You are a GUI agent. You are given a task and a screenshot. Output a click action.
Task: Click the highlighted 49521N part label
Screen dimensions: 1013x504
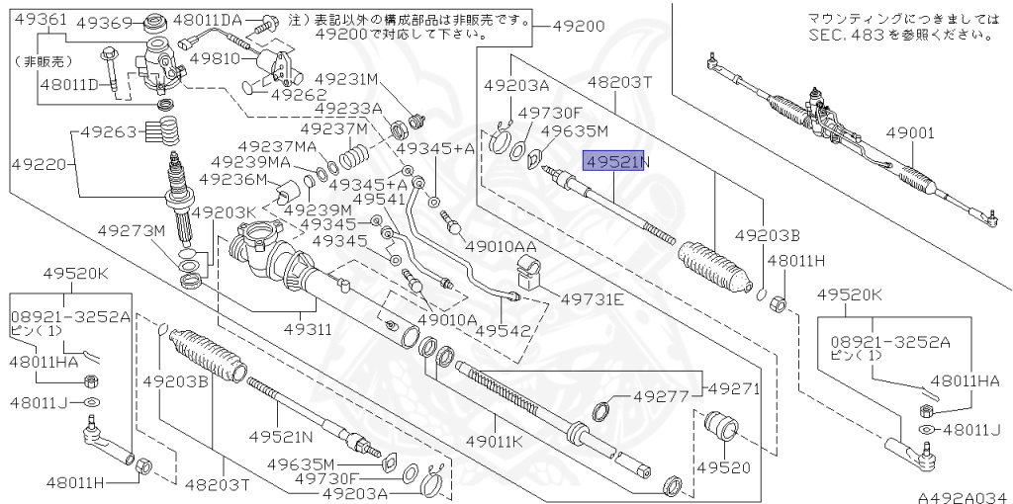pos(613,161)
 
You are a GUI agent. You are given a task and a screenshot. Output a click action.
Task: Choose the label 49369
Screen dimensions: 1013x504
pos(105,22)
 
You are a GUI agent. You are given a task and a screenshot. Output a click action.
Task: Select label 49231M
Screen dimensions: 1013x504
pos(347,78)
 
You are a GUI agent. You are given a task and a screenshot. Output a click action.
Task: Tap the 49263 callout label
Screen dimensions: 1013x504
pos(109,130)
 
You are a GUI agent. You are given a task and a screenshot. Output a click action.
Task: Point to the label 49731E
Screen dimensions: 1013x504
pos(593,299)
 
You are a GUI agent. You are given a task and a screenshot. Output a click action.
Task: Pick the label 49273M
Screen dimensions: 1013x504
pos(130,230)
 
